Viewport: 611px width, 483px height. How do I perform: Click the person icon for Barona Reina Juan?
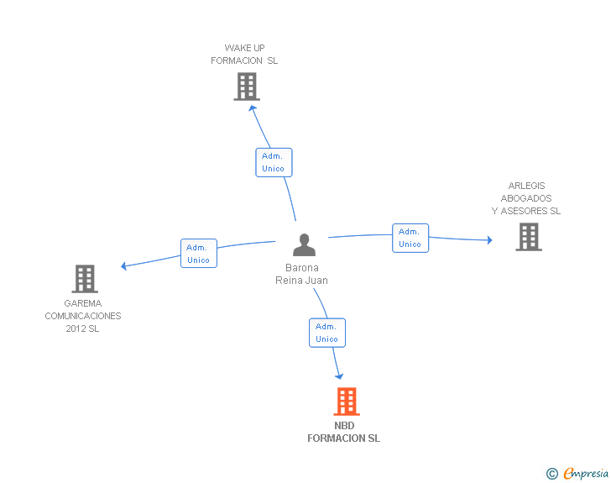(x=304, y=244)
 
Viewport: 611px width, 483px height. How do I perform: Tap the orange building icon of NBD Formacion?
(x=346, y=402)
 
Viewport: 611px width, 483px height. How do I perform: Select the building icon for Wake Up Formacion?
(x=246, y=87)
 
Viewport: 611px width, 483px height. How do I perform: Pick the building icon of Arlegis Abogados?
(x=528, y=237)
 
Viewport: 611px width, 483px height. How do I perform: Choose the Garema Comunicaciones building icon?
(x=84, y=279)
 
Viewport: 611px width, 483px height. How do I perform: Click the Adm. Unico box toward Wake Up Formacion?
(x=274, y=162)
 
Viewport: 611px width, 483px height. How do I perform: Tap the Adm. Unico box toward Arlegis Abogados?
(x=410, y=238)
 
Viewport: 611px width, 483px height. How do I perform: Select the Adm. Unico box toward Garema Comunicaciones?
(x=199, y=253)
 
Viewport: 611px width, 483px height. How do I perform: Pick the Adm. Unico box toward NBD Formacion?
(x=326, y=333)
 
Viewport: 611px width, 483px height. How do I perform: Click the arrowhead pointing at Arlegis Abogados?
(x=488, y=240)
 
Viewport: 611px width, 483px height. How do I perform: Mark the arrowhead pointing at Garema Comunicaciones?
(x=125, y=266)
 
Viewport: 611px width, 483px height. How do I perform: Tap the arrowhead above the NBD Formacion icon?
(x=339, y=375)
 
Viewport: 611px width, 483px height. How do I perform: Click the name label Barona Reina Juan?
(x=301, y=275)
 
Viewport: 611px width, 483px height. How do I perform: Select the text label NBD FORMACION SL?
(x=343, y=432)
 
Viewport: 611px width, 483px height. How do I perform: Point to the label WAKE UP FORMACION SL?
(x=244, y=55)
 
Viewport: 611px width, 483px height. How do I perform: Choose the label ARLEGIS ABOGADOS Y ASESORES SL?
(x=526, y=198)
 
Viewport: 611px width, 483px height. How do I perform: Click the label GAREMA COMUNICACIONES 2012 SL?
(x=83, y=316)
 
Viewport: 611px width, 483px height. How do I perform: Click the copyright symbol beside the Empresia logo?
(x=552, y=475)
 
